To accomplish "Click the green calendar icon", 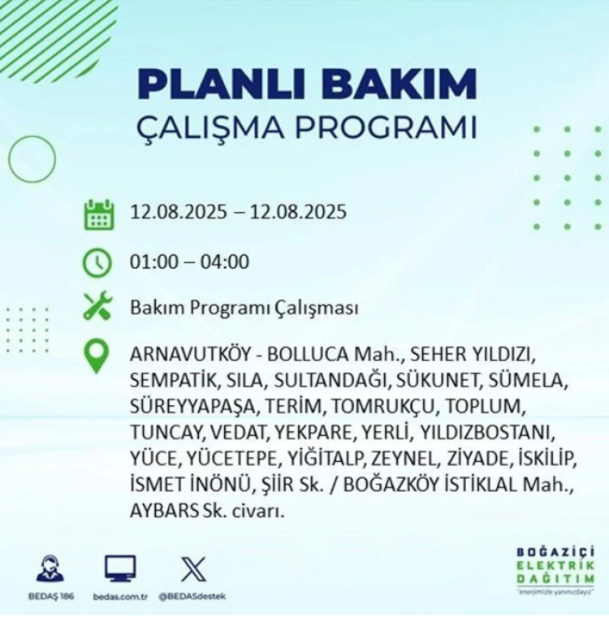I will (98, 214).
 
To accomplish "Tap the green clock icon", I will (98, 262).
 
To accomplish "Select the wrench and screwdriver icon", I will (98, 308).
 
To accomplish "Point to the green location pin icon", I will (98, 356).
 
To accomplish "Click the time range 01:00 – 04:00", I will (189, 262).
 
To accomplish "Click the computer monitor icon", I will (120, 568).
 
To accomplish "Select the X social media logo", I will (192, 569).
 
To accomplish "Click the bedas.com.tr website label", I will (120, 597).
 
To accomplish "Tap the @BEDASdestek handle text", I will (192, 597).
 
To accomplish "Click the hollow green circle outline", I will (32, 158).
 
